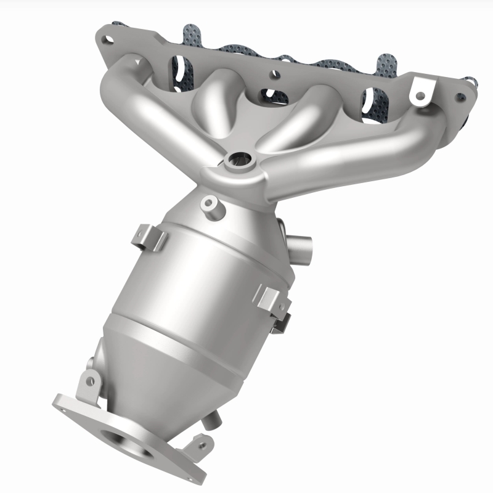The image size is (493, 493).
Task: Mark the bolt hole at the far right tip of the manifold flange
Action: (x=459, y=97)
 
